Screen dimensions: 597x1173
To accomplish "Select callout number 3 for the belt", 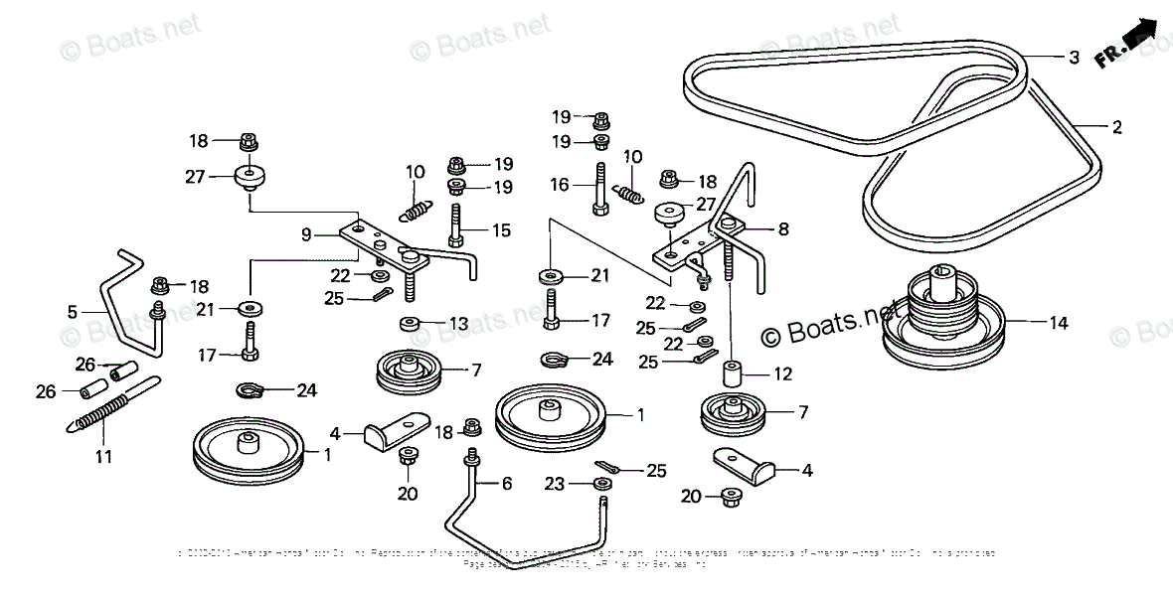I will pos(1074,58).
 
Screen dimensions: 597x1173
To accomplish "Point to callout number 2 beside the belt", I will pos(1116,127).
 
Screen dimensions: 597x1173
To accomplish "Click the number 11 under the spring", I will pos(103,457).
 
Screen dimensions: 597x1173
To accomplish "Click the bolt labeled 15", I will pos(455,224).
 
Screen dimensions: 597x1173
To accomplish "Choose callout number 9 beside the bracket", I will pos(307,234).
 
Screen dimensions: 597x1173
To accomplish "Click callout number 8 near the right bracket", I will pos(783,229).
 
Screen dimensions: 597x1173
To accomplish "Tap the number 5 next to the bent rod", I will pos(72,311).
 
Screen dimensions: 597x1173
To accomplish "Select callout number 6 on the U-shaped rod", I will pos(506,484).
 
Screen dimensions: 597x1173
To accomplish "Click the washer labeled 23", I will pos(600,484).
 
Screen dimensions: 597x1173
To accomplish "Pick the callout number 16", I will pos(560,184).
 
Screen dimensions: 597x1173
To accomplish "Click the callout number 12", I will pos(783,375).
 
